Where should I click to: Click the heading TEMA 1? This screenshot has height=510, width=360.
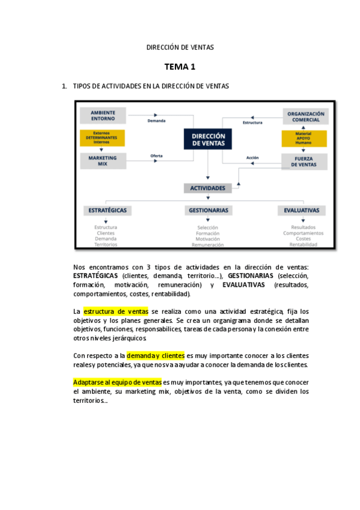[180, 66]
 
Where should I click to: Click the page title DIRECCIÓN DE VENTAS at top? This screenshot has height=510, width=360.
[180, 47]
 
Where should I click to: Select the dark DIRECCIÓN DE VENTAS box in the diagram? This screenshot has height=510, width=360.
[208, 140]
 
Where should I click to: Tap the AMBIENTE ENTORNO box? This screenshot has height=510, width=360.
[103, 115]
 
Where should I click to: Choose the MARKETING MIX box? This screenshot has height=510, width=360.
[103, 161]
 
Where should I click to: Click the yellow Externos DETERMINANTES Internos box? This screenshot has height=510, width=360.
[102, 138]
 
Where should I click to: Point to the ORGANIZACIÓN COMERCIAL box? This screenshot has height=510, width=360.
[305, 116]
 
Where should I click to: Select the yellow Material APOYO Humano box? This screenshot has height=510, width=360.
[304, 139]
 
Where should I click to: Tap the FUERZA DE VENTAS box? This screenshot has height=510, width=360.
[304, 161]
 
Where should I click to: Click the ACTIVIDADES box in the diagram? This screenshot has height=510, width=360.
[207, 188]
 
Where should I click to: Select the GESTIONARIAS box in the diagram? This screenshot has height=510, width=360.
[208, 210]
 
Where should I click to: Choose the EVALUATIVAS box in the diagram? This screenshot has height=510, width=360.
[302, 210]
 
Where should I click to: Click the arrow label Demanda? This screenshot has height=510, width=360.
[156, 121]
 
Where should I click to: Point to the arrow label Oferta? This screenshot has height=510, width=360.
[156, 156]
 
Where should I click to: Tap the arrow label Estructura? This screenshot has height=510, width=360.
[252, 123]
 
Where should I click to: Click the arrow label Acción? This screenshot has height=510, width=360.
[252, 158]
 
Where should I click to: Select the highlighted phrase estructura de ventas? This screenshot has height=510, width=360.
[116, 312]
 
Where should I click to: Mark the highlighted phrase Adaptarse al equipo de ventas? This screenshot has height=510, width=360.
[117, 382]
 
